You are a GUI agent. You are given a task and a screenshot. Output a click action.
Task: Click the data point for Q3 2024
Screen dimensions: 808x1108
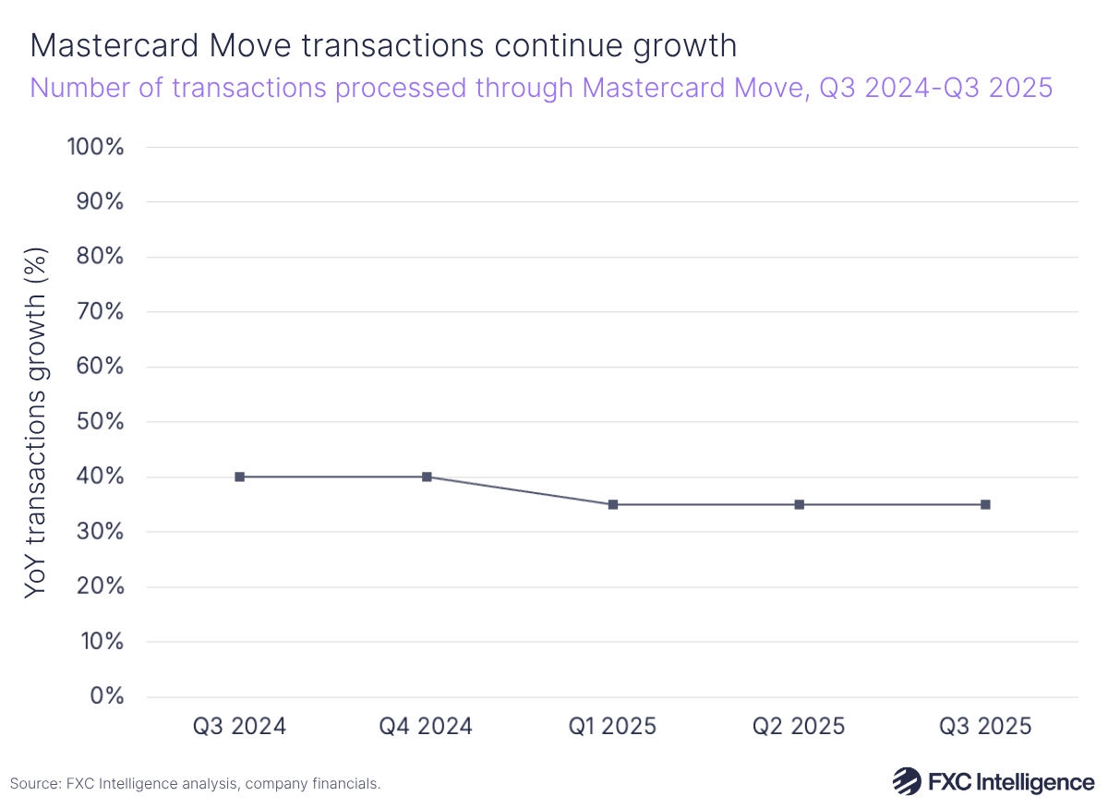pyautogui.click(x=240, y=476)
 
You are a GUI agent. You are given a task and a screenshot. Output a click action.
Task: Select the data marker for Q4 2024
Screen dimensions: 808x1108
pyautogui.click(x=427, y=476)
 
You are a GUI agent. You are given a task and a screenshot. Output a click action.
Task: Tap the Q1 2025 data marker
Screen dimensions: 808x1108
pyautogui.click(x=613, y=504)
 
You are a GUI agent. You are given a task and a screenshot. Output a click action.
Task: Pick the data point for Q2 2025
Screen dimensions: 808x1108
pyautogui.click(x=800, y=504)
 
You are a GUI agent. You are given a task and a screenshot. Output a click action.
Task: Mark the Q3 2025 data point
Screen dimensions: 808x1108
pyautogui.click(x=985, y=504)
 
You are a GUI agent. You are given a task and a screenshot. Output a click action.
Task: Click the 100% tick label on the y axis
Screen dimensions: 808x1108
pyautogui.click(x=95, y=147)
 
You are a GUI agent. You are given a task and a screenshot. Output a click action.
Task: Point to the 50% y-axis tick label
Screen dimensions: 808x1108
pyautogui.click(x=98, y=422)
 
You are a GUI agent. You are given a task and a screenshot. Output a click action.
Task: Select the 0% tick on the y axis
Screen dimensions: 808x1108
pyautogui.click(x=107, y=696)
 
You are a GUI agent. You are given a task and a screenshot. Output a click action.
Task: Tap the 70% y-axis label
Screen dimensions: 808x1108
pyautogui.click(x=98, y=312)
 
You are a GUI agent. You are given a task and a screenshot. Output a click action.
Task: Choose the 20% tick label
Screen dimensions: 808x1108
pyautogui.click(x=98, y=586)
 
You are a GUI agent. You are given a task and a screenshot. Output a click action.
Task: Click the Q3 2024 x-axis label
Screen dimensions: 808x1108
pyautogui.click(x=240, y=727)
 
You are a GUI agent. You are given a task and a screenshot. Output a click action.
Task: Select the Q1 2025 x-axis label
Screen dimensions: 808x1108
pyautogui.click(x=613, y=727)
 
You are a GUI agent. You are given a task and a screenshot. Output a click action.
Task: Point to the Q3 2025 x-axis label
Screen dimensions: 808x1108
pyautogui.click(x=985, y=727)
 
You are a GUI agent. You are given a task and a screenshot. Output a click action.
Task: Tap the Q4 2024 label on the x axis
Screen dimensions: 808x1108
pyautogui.click(x=427, y=727)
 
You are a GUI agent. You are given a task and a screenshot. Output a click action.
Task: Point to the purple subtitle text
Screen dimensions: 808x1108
pyautogui.click(x=541, y=88)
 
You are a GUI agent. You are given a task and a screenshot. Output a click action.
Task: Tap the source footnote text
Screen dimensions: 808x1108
pyautogui.click(x=195, y=784)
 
